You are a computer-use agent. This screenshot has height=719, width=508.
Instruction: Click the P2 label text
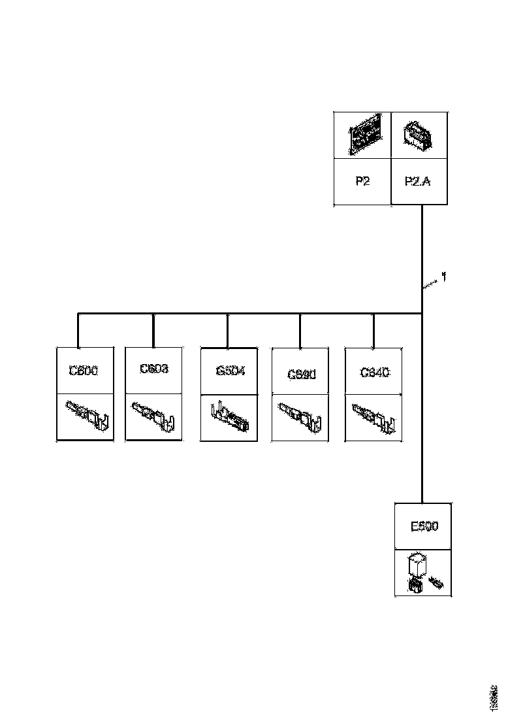pyautogui.click(x=362, y=182)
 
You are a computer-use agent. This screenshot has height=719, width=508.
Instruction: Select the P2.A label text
pyautogui.click(x=419, y=182)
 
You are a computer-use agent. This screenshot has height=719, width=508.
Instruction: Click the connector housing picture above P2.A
pyautogui.click(x=418, y=135)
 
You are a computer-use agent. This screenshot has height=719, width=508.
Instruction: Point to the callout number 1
pyautogui.click(x=444, y=277)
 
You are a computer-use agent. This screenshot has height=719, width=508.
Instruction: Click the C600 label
pyautogui.click(x=84, y=370)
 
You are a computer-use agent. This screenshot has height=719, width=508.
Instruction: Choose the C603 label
pyautogui.click(x=154, y=369)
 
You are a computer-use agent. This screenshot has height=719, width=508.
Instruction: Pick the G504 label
pyautogui.click(x=230, y=371)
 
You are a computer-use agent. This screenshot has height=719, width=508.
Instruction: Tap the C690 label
pyautogui.click(x=302, y=375)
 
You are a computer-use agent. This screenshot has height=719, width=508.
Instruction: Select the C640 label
pyautogui.click(x=375, y=372)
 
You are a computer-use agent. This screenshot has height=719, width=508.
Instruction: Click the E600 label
pyautogui.click(x=424, y=526)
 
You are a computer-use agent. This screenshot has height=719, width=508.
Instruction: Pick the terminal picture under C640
pyautogui.click(x=374, y=416)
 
